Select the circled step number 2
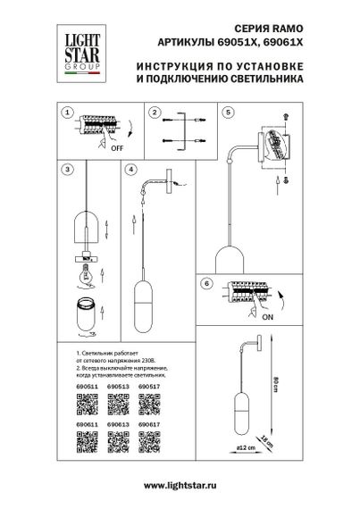coord(155,113)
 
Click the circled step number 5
coord(229,113)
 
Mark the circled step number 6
coord(206,283)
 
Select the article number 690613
coord(113,427)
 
